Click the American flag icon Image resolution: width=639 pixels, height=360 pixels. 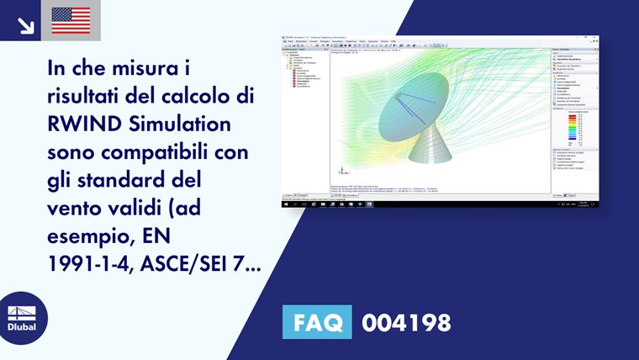pyautogui.click(x=71, y=20)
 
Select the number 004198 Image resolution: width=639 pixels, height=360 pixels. pyautogui.click(x=406, y=322)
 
